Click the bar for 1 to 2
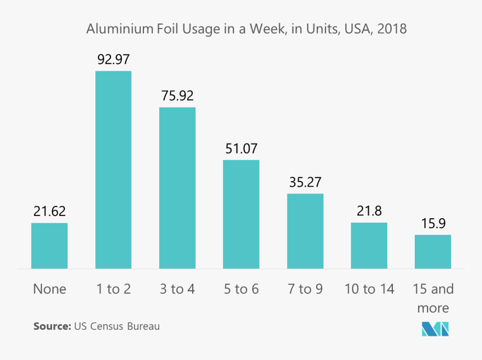(113, 169)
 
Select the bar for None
(49, 246)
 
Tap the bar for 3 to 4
(177, 188)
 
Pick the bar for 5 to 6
(241, 214)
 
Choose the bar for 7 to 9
(305, 231)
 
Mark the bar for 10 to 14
(369, 246)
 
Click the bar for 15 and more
(433, 251)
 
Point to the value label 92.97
(113, 59)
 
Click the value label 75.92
(177, 95)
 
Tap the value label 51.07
(241, 149)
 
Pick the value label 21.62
(49, 211)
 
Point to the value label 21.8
(369, 211)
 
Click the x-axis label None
(49, 289)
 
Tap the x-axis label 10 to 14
(369, 289)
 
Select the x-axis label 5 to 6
(241, 289)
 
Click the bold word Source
(51, 326)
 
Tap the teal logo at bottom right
(435, 329)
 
